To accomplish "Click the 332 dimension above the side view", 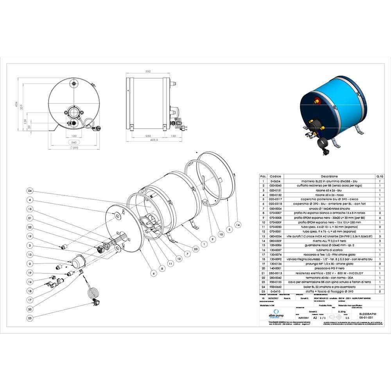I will pos(148,72).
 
